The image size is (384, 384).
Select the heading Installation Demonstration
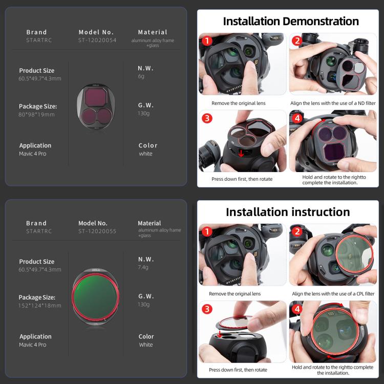(x=291, y=21)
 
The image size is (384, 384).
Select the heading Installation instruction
(x=288, y=212)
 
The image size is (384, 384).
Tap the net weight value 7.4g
(x=143, y=267)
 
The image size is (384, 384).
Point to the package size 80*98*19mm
(x=36, y=114)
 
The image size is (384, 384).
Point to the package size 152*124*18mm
(x=40, y=305)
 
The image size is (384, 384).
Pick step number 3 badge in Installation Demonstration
(x=207, y=118)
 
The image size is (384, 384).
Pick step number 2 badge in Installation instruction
(x=297, y=232)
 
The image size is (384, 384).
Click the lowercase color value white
(x=145, y=154)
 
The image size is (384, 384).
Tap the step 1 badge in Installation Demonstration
(x=207, y=41)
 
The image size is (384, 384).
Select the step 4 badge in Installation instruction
(x=297, y=309)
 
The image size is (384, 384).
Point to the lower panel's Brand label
(x=36, y=223)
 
